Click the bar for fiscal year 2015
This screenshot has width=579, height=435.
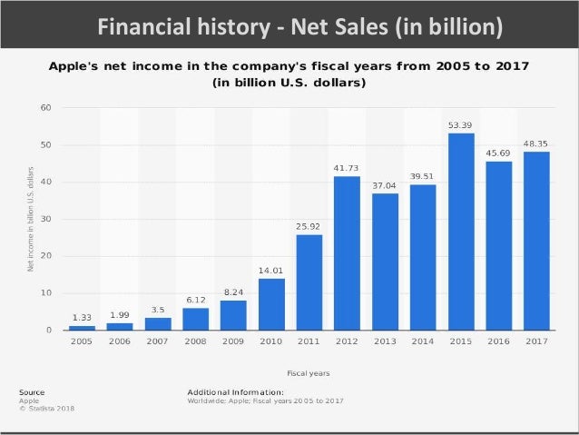tap(461, 232)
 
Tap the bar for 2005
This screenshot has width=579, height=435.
tap(82, 327)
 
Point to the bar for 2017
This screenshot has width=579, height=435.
tap(536, 241)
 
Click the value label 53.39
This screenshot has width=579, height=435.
tap(460, 124)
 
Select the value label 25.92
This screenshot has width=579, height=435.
tap(309, 226)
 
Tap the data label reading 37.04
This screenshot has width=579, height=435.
tap(385, 184)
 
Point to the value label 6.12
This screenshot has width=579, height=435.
tap(195, 300)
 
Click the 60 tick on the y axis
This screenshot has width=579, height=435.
tap(46, 108)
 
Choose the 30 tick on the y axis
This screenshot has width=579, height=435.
tap(46, 219)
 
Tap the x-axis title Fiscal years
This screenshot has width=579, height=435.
tap(308, 372)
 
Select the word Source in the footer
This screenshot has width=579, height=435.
tap(31, 391)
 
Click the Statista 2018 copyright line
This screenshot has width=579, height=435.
tap(47, 409)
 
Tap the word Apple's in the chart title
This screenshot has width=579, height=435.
tap(77, 66)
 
